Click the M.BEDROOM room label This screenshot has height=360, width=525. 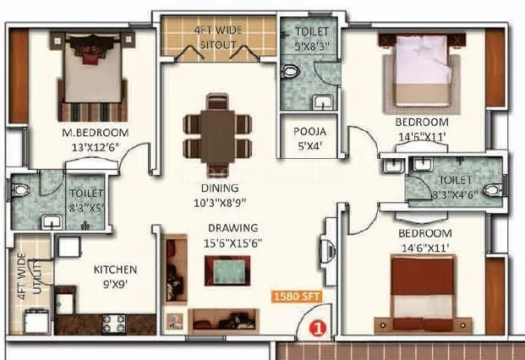pyautogui.click(x=94, y=134)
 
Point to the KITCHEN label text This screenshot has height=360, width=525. pyautogui.click(x=114, y=270)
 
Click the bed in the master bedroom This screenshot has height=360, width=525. pyautogui.click(x=89, y=76)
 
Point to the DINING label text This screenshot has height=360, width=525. pyautogui.click(x=219, y=188)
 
